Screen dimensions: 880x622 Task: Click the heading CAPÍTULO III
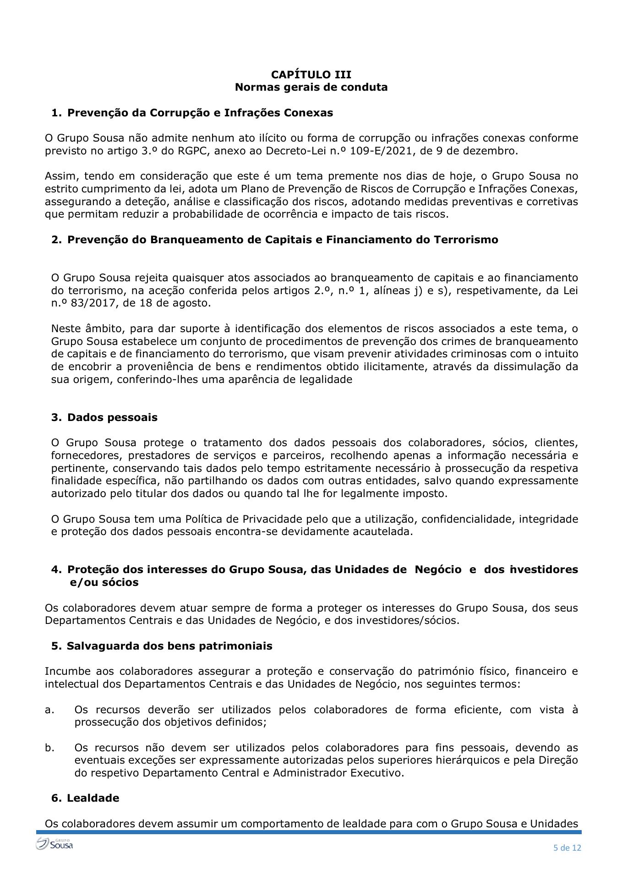click(x=311, y=75)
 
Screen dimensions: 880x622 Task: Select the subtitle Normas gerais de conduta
click(x=311, y=87)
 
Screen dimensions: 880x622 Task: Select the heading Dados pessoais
click(x=112, y=417)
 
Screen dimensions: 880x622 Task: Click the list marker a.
click(x=49, y=710)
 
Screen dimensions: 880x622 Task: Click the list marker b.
click(x=49, y=748)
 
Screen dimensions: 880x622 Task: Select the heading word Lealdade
click(x=93, y=798)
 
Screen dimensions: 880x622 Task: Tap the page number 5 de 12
click(x=567, y=847)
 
